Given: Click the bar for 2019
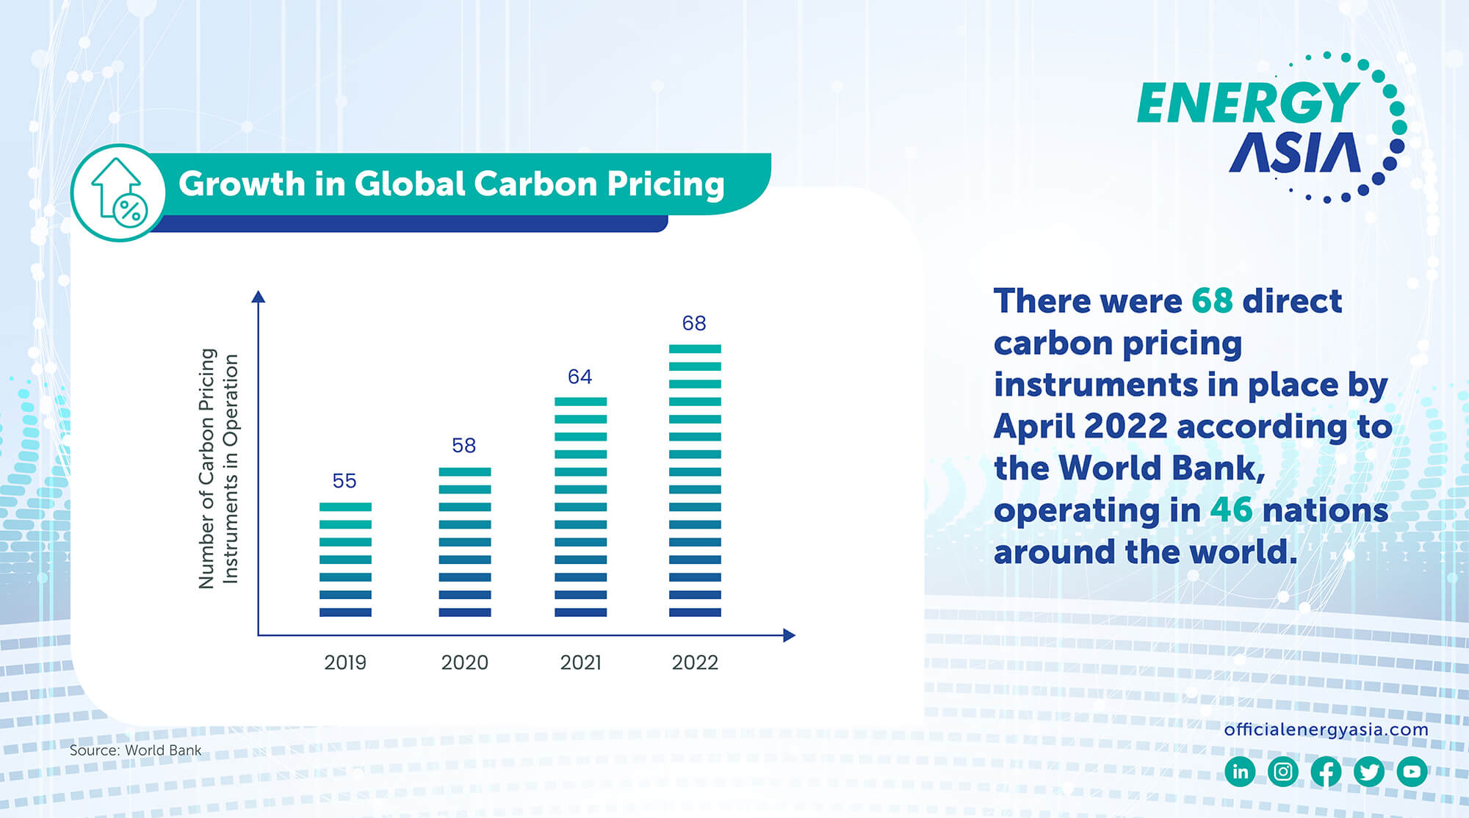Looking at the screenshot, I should [345, 560].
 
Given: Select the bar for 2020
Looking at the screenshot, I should [465, 542].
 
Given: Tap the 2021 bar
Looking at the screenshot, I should [580, 507].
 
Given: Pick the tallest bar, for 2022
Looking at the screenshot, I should [695, 480].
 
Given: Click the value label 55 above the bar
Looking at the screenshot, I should [344, 481].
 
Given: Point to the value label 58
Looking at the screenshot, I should [463, 446].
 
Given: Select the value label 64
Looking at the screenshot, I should [580, 377].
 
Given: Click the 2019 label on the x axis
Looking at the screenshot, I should [345, 662].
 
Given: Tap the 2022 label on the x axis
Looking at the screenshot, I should [695, 662].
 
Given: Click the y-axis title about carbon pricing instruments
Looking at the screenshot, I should [218, 468].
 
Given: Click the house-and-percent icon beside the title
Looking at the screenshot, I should [118, 192].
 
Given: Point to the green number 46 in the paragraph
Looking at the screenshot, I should [1231, 510].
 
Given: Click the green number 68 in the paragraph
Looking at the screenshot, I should [1212, 300].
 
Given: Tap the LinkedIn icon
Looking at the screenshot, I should [1240, 772].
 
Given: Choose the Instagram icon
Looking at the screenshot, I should [1283, 772].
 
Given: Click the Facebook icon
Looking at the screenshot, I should [1326, 772].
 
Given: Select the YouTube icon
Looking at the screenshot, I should [1412, 772].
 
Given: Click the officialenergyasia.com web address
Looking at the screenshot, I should [1326, 729].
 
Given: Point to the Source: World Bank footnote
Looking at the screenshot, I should [135, 750].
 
